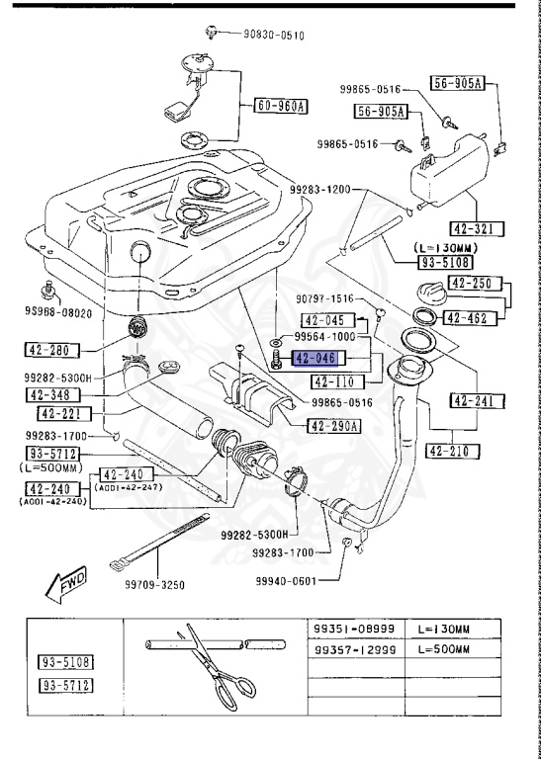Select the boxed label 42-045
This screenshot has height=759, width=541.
tap(322, 320)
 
